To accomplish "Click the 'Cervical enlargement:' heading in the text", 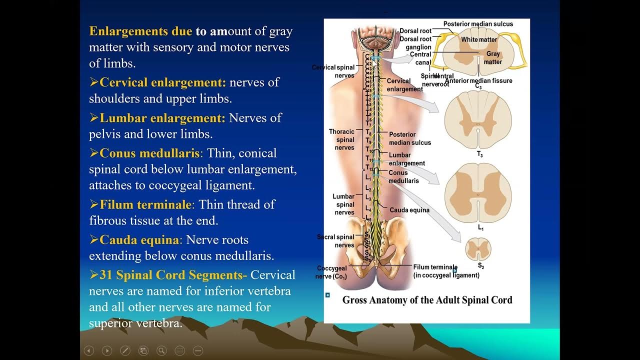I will click(162, 82).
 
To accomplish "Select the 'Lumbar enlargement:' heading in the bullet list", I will click(162, 118).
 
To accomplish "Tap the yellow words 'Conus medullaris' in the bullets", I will click(149, 153).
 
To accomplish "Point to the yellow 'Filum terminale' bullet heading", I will click(145, 204).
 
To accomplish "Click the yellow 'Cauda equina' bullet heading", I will click(139, 240).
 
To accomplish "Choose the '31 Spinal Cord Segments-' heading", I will click(173, 275).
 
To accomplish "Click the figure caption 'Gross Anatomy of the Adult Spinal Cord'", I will click(427, 300).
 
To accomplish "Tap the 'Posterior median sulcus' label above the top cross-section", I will click(478, 24).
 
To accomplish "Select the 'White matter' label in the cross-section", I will click(479, 39).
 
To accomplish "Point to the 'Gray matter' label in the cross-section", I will click(493, 57).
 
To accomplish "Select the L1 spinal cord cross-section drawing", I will click(478, 193).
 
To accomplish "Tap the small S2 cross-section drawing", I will click(478, 249).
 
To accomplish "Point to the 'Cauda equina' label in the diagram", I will click(409, 210).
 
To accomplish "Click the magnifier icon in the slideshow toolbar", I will click(161, 350).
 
